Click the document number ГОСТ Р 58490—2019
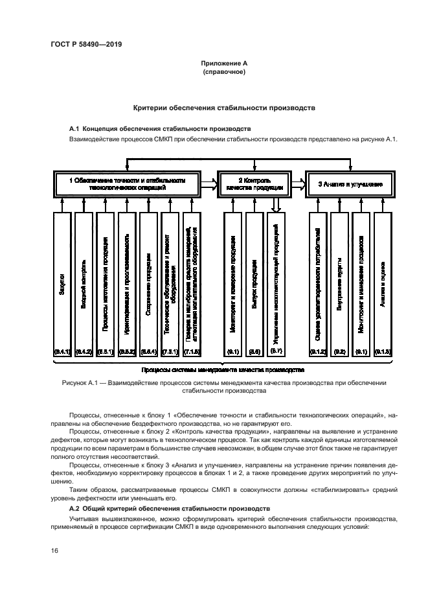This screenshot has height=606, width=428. point(86,44)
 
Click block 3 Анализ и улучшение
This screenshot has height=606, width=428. point(350,184)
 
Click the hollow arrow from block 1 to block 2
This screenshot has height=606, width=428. point(208,183)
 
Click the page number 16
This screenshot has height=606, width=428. point(54,550)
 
